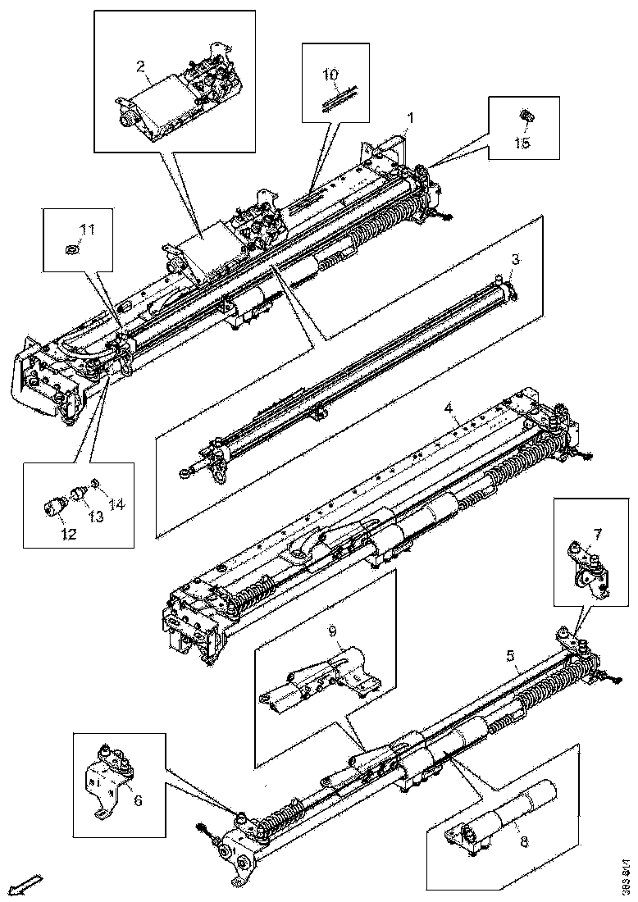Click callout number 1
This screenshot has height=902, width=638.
(411, 118)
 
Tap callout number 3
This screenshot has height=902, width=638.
(514, 259)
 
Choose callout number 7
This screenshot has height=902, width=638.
(597, 535)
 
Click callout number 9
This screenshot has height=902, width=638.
(332, 631)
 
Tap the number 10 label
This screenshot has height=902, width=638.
(330, 75)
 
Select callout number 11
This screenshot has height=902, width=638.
(87, 229)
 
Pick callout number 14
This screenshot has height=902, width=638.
(117, 504)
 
